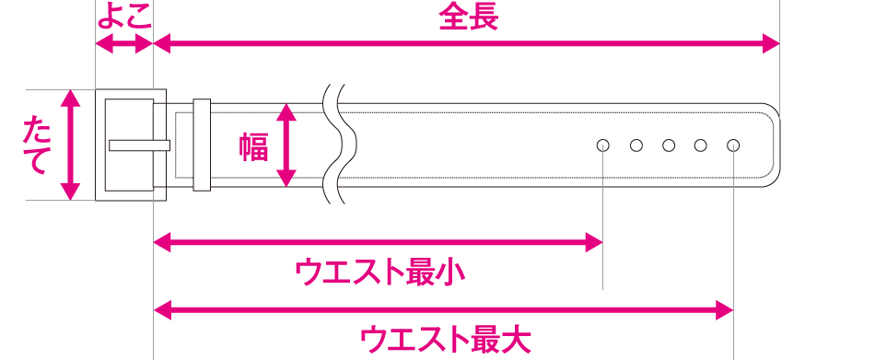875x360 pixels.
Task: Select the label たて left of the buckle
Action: point(37,145)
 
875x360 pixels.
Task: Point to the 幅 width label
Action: point(253,146)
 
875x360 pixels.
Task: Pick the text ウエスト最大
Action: point(445,339)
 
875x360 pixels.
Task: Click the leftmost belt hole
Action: point(603,145)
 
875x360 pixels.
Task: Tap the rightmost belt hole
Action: point(733,145)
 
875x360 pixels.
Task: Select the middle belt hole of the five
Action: point(669,145)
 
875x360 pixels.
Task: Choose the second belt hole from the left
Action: point(636,145)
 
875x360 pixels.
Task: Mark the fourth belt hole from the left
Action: point(701,145)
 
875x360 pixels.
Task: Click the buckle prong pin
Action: point(139,145)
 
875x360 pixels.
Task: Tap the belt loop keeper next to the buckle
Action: point(202,145)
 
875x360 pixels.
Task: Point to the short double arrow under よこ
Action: point(123,43)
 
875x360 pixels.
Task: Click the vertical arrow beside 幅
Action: point(287,145)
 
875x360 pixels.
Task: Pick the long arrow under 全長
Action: point(466,43)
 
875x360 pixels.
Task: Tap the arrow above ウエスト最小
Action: point(378,243)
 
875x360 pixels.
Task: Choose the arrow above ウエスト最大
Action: point(443,308)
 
